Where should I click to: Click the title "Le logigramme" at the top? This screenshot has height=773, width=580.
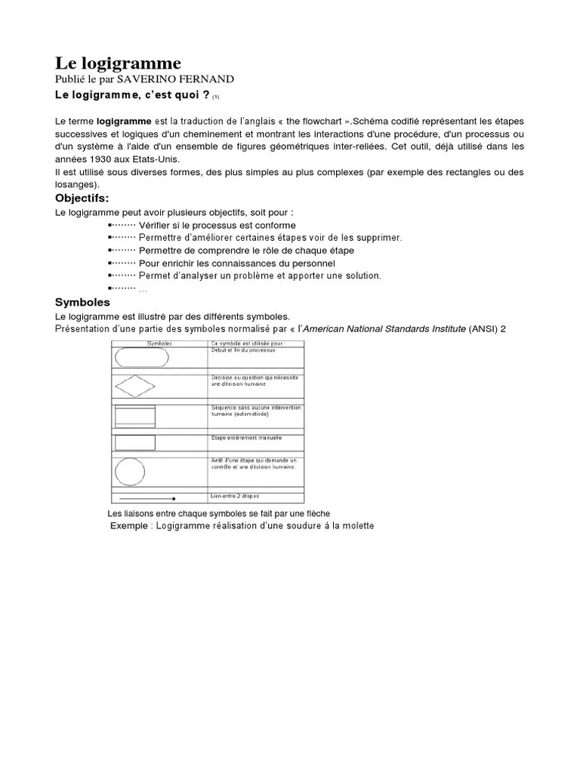[x=118, y=63]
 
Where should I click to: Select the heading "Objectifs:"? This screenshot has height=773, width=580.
[x=82, y=198]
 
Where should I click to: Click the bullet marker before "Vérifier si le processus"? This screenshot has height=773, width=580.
[x=112, y=226]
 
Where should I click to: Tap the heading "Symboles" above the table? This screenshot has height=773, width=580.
[x=82, y=302]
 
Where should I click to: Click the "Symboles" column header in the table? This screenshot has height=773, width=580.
[x=159, y=344]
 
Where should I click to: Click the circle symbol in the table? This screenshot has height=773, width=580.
[x=129, y=471]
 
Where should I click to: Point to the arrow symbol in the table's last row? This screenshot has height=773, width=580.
[x=147, y=498]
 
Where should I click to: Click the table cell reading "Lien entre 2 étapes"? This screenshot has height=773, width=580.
[x=235, y=495]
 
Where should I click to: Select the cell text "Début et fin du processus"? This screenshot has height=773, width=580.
[x=243, y=351]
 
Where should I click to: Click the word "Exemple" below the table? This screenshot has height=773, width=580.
[x=129, y=525]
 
